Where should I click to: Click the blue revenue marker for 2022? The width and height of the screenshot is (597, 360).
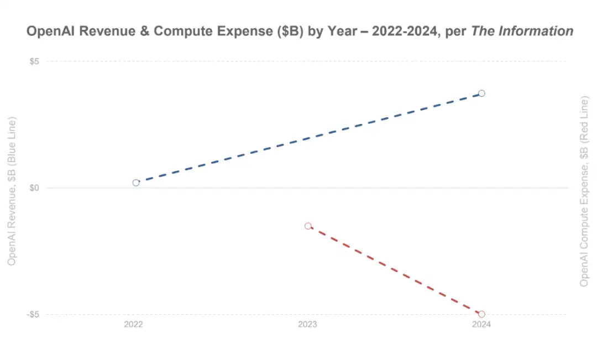[136, 182]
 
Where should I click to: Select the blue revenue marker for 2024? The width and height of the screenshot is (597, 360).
[481, 93]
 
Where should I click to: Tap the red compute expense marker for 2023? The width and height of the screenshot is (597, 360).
[308, 226]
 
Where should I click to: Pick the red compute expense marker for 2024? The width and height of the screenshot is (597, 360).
[481, 314]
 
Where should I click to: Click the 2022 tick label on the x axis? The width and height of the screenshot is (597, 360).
[133, 325]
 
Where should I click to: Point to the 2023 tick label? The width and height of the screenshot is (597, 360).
[307, 325]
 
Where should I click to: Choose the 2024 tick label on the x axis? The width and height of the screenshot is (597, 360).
[481, 325]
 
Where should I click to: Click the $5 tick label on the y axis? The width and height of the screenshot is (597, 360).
[34, 61]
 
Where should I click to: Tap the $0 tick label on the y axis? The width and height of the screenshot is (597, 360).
[34, 188]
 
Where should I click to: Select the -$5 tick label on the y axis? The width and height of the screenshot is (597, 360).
[33, 315]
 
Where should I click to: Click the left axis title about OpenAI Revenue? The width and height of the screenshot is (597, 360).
[12, 191]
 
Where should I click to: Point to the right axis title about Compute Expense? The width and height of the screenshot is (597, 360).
[584, 191]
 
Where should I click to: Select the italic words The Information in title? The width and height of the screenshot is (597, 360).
[522, 32]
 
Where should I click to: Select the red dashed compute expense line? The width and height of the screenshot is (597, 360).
[395, 270]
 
